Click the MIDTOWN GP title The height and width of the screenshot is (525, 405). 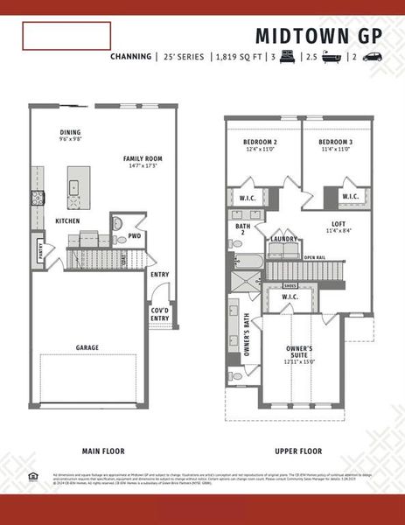click(320, 35)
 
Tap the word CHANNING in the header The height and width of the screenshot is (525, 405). click(131, 57)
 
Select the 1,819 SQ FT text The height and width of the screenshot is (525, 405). click(239, 57)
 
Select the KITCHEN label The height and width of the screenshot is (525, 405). click(67, 221)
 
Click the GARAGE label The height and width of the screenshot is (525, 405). click(87, 347)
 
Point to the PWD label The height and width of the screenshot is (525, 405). click(134, 235)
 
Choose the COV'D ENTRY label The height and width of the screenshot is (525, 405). click(159, 314)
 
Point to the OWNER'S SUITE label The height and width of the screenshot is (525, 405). click(300, 352)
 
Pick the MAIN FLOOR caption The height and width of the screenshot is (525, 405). click(102, 451)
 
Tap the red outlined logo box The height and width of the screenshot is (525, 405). click(66, 36)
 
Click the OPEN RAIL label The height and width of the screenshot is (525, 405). click(315, 257)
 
